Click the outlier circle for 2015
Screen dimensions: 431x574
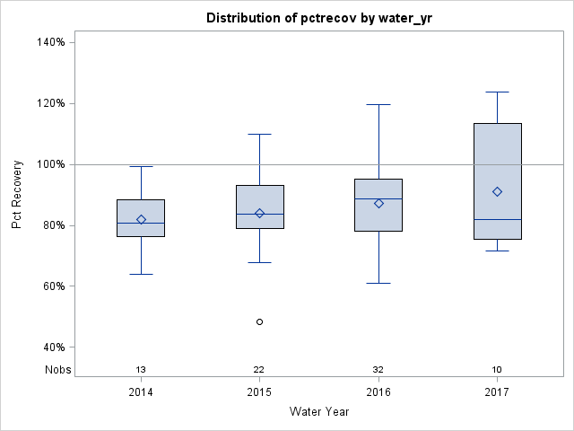(x=259, y=321)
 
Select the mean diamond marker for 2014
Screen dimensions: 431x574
(x=141, y=219)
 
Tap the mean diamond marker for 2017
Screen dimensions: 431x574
(x=497, y=191)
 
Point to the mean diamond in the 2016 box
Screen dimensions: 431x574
(x=378, y=203)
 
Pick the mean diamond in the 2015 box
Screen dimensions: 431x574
(x=259, y=213)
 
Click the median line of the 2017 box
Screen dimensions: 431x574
(x=497, y=219)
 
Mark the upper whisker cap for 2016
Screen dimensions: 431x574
(x=378, y=104)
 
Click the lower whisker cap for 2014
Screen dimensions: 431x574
(x=141, y=274)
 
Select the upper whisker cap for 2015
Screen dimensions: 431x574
(x=259, y=134)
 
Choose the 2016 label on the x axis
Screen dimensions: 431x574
(x=378, y=392)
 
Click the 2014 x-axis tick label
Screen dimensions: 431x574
(x=141, y=392)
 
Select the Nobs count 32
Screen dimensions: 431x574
(x=378, y=370)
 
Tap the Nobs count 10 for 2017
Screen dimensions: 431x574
(x=497, y=370)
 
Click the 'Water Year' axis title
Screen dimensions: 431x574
(x=319, y=412)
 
